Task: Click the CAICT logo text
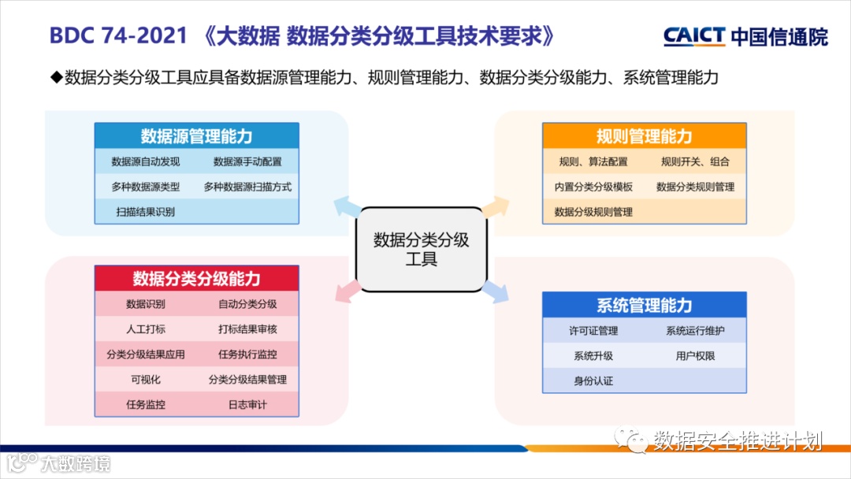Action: coord(694,36)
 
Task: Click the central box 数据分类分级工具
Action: coord(421,249)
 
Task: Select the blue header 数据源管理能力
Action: coord(196,136)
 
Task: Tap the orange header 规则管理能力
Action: coord(644,136)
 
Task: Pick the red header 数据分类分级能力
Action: coord(196,279)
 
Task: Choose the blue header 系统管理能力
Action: coord(644,305)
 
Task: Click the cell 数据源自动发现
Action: coord(146,162)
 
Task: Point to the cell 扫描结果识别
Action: coord(146,211)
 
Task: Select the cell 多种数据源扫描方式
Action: coord(247,187)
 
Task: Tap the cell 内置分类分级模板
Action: coord(593,187)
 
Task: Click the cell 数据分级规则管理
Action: coord(593,211)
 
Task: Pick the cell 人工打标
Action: coord(146,329)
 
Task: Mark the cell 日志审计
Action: coord(247,404)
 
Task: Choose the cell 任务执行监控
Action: coord(247,354)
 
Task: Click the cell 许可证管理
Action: coord(593,331)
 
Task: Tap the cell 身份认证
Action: coord(593,381)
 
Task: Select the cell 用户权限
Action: coord(695,355)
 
